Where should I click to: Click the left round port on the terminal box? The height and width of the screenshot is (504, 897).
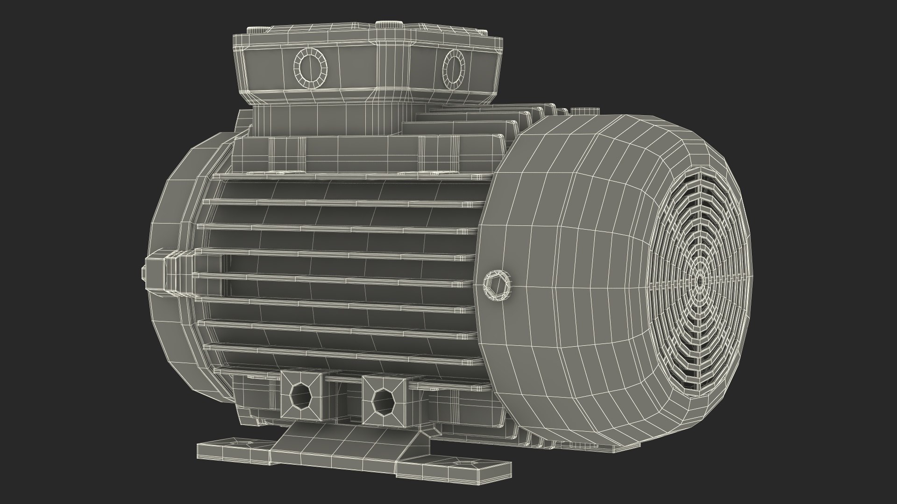pos(310,68)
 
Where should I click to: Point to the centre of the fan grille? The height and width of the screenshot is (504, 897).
pos(699,281)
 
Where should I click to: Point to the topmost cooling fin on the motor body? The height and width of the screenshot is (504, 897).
pos(346,177)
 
